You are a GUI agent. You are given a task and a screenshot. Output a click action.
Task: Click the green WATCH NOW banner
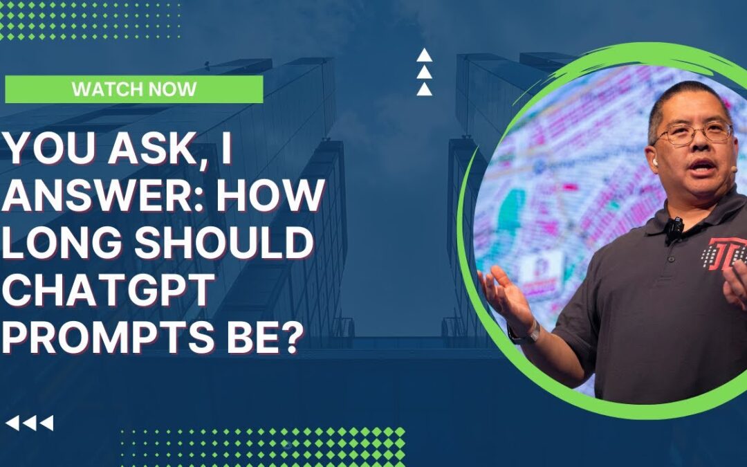133,89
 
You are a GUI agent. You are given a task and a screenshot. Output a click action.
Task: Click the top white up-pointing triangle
425,56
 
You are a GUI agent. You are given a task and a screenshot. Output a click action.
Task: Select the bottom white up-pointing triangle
425,89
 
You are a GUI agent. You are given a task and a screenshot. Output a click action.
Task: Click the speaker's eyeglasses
692,132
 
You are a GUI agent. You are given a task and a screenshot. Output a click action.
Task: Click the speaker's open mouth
703,167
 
